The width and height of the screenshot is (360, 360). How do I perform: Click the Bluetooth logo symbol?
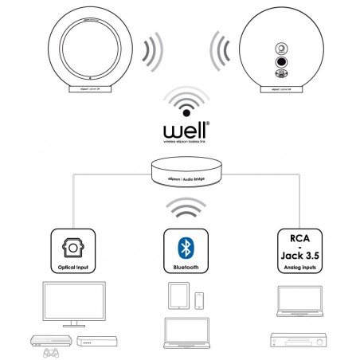click(180, 241)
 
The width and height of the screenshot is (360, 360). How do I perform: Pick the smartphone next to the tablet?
click(199, 299)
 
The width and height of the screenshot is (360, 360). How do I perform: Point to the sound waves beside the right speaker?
click(218, 53)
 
